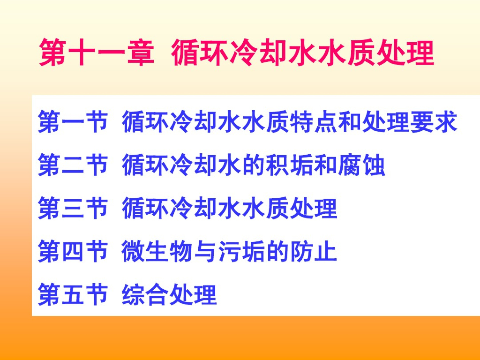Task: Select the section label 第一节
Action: click(x=73, y=122)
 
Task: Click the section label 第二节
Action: click(x=73, y=165)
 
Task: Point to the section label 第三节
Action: click(x=73, y=208)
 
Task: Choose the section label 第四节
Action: click(x=73, y=251)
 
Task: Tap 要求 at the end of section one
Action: click(x=433, y=122)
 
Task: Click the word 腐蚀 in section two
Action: click(x=361, y=165)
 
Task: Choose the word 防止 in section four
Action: click(x=313, y=251)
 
